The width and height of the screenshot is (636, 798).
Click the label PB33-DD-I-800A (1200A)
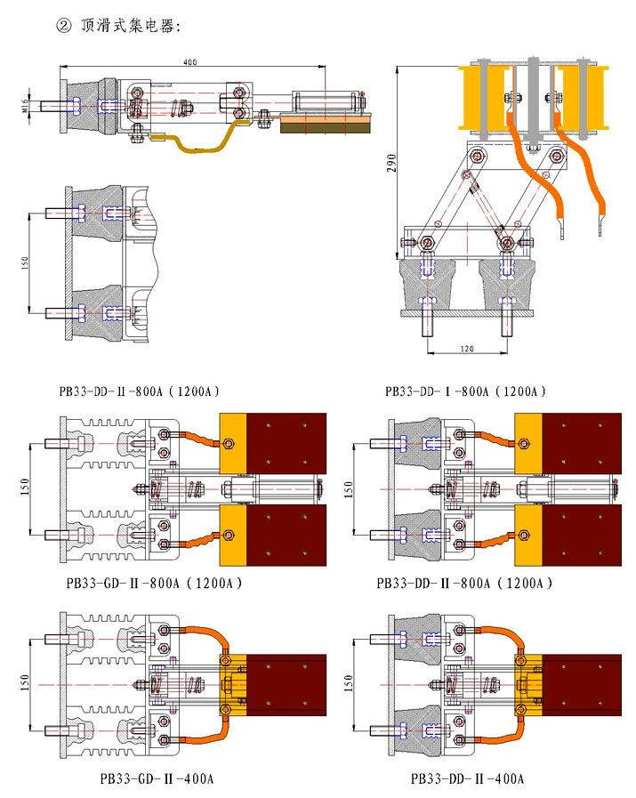click(465, 391)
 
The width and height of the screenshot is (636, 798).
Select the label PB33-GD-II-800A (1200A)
click(153, 584)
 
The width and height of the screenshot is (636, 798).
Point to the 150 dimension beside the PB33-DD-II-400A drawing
click(347, 682)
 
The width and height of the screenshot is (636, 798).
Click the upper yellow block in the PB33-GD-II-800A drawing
click(232, 443)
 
